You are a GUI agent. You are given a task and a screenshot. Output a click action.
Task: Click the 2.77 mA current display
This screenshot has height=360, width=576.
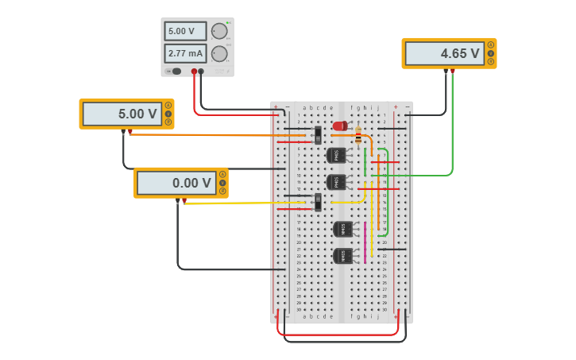(x=185, y=54)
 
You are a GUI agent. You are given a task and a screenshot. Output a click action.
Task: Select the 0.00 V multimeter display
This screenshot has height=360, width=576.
(x=175, y=183)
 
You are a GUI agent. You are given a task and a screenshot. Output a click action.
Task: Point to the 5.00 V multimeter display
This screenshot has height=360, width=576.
(x=121, y=114)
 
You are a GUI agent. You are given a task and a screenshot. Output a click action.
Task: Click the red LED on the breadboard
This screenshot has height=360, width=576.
(x=340, y=126)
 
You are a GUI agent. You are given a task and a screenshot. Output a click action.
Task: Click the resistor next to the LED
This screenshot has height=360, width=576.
(x=358, y=135)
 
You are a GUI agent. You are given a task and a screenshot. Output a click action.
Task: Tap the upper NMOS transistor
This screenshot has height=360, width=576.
(x=342, y=229)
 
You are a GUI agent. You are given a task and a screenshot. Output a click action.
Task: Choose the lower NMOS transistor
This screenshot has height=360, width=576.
(x=342, y=256)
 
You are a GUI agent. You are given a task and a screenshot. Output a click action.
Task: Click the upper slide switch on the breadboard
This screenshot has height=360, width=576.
(x=318, y=135)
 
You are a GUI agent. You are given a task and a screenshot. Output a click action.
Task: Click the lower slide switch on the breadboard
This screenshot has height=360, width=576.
(x=318, y=202)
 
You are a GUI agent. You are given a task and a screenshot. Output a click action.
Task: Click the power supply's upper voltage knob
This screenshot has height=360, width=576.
(x=218, y=31)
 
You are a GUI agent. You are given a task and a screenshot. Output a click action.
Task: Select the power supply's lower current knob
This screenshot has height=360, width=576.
(x=218, y=54)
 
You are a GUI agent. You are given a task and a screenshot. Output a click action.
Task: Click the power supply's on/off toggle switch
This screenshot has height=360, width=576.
(x=175, y=72)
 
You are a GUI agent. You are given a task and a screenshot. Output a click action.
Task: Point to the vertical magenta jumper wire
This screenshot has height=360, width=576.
(x=365, y=242)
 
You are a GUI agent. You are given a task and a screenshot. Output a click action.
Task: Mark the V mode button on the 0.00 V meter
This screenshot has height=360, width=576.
(x=222, y=182)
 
